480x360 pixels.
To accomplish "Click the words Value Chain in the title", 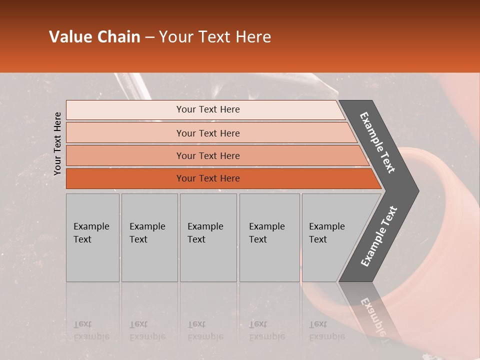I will coord(94,37).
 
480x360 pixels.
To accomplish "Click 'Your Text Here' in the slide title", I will coord(215,37).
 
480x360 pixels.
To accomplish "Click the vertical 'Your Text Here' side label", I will coord(57,143).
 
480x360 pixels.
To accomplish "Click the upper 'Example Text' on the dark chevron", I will coord(377,142).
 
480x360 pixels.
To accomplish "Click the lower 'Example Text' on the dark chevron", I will coord(379,236).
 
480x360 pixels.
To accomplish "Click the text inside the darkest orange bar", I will coord(208,178).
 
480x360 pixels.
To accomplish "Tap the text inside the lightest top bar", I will coord(208,109).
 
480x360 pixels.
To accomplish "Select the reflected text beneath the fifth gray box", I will coord(326,330).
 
